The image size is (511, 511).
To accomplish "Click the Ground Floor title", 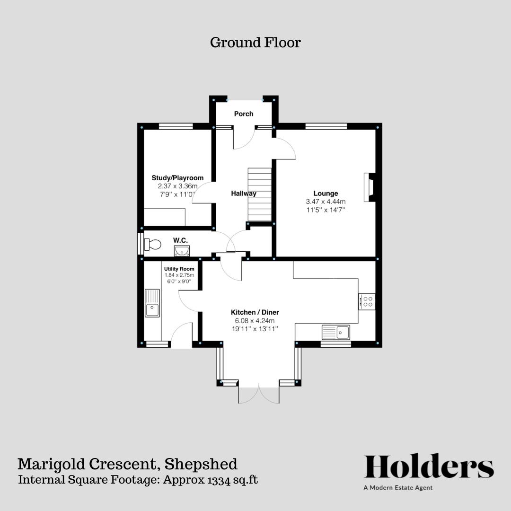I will click(255, 43).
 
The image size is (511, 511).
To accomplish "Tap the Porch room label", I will click(244, 114).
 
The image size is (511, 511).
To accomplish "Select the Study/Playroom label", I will click(177, 178).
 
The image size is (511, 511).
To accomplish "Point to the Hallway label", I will click(244, 193).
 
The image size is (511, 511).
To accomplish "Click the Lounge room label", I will click(326, 193).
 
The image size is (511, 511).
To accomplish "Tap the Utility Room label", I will click(179, 269).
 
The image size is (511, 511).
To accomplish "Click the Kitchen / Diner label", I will click(255, 312).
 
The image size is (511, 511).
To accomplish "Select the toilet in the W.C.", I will click(152, 245).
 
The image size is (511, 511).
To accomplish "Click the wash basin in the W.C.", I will click(181, 250).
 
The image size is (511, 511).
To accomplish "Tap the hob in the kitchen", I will click(367, 301).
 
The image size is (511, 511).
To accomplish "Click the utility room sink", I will click(152, 303).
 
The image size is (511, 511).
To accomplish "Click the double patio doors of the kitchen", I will click(259, 394).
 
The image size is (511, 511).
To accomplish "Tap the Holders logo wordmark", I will click(429, 467).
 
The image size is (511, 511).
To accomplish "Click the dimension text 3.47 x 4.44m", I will click(326, 201).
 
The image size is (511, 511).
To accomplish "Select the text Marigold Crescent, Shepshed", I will click(127, 464).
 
